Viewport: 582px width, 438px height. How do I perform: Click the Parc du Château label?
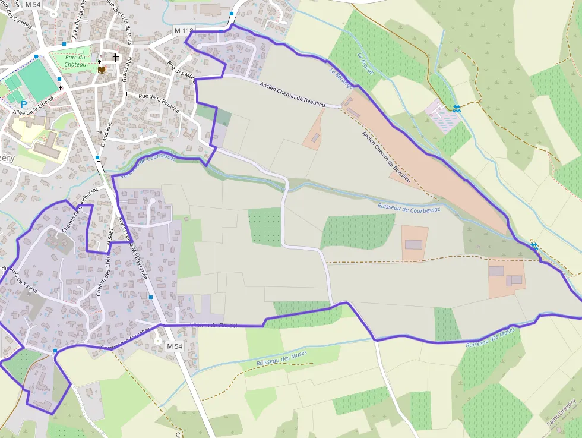pyautogui.click(x=76, y=61)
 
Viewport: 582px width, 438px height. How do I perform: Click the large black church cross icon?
pyautogui.click(x=116, y=58)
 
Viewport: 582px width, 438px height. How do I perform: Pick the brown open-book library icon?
pyautogui.click(x=102, y=70)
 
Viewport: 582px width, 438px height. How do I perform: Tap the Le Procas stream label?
pyautogui.click(x=364, y=64)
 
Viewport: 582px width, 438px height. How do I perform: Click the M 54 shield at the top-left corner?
pyautogui.click(x=32, y=5)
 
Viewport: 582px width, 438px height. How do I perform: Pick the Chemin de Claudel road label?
pyautogui.click(x=214, y=325)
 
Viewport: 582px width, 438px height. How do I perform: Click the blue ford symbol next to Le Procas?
pyautogui.click(x=456, y=108)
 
